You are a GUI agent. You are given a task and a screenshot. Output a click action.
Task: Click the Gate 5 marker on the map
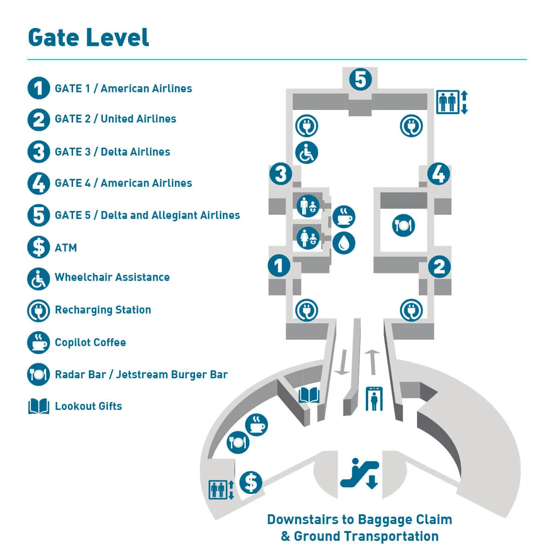coord(361,80)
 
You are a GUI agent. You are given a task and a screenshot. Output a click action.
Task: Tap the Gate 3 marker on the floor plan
coord(281,174)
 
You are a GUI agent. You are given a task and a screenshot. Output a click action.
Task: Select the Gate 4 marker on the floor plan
coord(438,174)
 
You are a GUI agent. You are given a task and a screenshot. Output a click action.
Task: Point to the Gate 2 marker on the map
coord(439,266)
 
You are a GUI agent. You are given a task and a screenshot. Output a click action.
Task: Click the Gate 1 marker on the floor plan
coord(279,266)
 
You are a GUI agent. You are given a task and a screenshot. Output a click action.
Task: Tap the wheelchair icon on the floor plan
coord(307,152)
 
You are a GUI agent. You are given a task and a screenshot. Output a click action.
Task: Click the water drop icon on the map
coord(344,242)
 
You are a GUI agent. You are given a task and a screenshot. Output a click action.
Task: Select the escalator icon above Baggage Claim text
coord(360,473)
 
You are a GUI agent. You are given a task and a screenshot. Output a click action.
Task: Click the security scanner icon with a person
coord(373,399)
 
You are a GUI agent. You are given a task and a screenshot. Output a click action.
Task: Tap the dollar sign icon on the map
coord(251,482)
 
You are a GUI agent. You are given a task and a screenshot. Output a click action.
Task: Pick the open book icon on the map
coord(309,396)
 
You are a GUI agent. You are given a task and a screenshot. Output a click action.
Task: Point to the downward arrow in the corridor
coord(342,362)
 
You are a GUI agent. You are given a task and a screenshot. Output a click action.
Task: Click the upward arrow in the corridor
coord(372,361)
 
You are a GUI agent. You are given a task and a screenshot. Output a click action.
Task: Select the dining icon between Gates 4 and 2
coord(404,225)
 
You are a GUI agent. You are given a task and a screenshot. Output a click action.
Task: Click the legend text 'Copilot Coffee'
coord(90,342)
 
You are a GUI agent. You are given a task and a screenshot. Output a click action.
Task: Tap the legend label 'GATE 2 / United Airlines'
coord(115,119)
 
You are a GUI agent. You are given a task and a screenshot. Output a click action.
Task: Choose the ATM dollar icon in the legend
coord(39,247)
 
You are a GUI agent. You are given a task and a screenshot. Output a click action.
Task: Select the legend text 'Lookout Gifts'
coord(88,406)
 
